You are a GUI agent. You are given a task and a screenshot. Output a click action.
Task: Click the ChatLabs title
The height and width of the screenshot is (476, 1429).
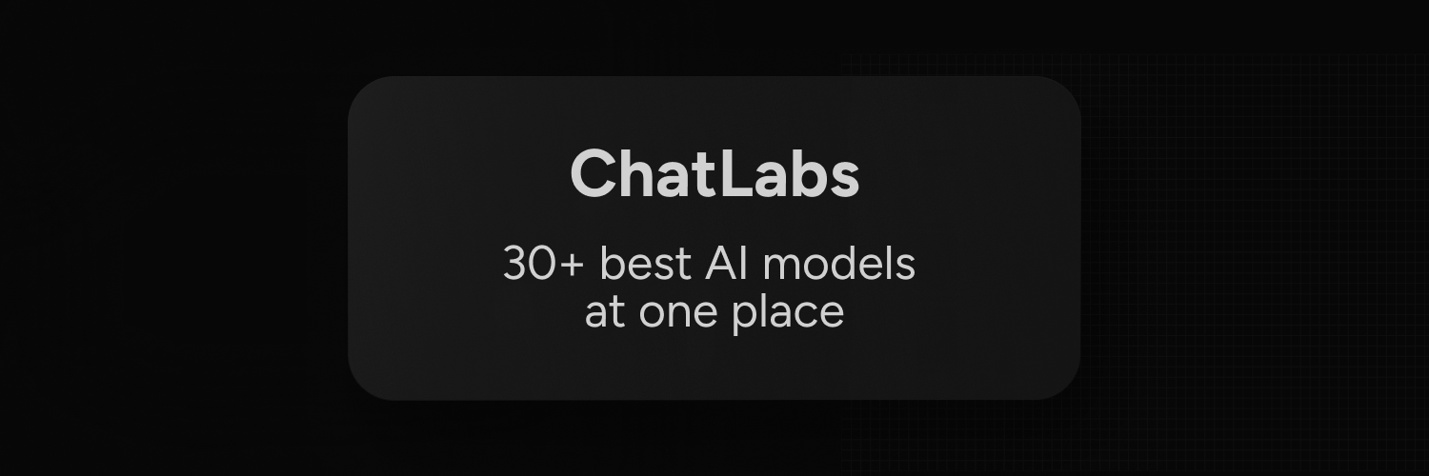[x=714, y=174]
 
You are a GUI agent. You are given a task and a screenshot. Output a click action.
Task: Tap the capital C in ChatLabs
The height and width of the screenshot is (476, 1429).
[x=594, y=174]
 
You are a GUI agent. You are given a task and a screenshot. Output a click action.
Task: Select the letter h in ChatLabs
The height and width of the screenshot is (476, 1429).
[x=640, y=174]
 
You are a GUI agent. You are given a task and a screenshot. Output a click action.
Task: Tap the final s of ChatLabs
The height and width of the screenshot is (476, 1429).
[x=845, y=178]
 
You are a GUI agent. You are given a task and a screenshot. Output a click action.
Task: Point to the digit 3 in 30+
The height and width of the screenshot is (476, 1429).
[x=516, y=264]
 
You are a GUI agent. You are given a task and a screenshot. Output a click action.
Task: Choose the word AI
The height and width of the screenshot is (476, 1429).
[x=726, y=264]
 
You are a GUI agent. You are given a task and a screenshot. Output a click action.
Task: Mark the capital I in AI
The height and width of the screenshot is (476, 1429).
[x=743, y=264]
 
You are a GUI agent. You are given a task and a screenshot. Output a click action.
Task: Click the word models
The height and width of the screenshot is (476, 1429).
[x=838, y=264]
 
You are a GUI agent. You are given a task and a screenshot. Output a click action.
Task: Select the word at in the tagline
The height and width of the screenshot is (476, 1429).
[x=604, y=312]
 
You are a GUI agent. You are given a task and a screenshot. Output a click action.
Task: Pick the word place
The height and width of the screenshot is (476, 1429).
[x=788, y=313]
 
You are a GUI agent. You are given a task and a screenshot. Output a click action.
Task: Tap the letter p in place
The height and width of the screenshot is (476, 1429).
[x=742, y=317]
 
